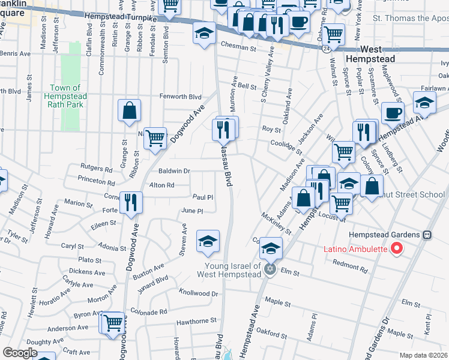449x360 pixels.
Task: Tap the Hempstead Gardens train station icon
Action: click(x=427, y=235)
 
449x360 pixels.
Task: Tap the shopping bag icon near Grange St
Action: click(x=129, y=110)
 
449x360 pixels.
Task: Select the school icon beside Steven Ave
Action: click(x=208, y=241)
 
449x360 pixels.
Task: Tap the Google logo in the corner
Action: click(x=20, y=353)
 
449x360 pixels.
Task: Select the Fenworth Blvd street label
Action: click(x=180, y=96)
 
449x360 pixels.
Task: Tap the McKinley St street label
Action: click(x=276, y=223)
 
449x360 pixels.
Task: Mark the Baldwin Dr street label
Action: click(x=174, y=171)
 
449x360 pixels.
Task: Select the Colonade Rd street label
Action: click(x=146, y=312)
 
